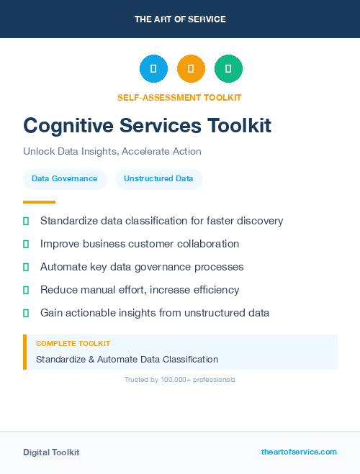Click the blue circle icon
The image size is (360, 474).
tap(153, 68)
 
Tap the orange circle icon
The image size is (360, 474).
tap(191, 68)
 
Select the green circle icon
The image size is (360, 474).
tap(228, 68)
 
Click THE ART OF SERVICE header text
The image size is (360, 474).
tap(180, 19)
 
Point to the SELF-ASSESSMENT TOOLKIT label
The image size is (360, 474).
tap(179, 97)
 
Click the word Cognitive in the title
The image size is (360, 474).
tap(66, 126)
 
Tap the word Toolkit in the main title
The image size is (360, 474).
tap(239, 126)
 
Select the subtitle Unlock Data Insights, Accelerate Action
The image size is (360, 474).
tap(112, 152)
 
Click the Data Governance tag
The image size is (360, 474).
tap(65, 179)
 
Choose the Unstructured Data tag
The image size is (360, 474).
tap(158, 179)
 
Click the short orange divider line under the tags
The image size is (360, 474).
tap(39, 202)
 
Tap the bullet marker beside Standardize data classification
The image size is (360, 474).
tap(26, 221)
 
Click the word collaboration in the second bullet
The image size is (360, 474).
tap(210, 244)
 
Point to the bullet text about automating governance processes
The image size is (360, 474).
tap(142, 267)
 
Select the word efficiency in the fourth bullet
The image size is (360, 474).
tap(212, 290)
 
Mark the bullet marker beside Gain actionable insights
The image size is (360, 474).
tap(26, 313)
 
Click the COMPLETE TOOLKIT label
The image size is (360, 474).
tap(73, 344)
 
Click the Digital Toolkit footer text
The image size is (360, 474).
tap(51, 452)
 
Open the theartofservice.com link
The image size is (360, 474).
tap(299, 452)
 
